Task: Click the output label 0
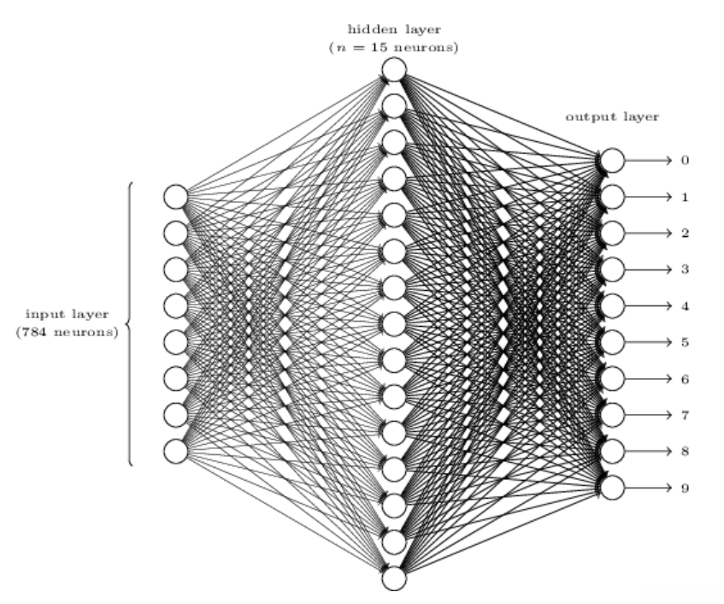click(x=685, y=160)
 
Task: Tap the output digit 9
click(x=685, y=488)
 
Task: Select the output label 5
click(x=685, y=342)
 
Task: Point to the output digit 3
click(x=685, y=269)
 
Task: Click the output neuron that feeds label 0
click(x=612, y=160)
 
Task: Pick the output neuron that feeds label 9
click(x=612, y=488)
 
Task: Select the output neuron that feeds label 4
click(x=612, y=306)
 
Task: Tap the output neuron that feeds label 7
click(x=612, y=415)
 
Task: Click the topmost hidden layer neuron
click(x=394, y=69)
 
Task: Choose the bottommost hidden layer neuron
click(x=394, y=578)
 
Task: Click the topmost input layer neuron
click(x=176, y=197)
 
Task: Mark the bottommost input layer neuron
click(x=176, y=452)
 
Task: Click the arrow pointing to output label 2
click(x=648, y=233)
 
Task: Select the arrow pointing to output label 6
click(x=648, y=378)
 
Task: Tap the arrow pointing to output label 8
click(x=648, y=452)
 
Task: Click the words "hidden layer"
click(x=394, y=30)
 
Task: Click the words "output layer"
click(x=612, y=117)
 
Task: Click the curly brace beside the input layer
click(x=129, y=324)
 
